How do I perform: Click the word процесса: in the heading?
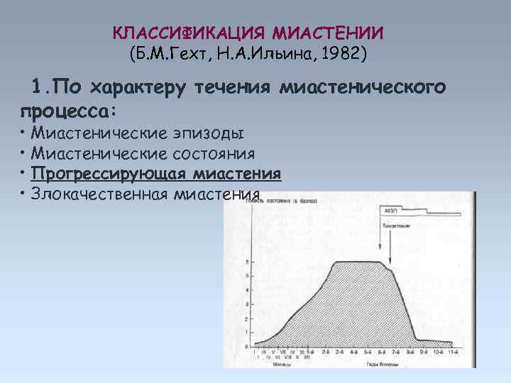coord(68,112)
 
